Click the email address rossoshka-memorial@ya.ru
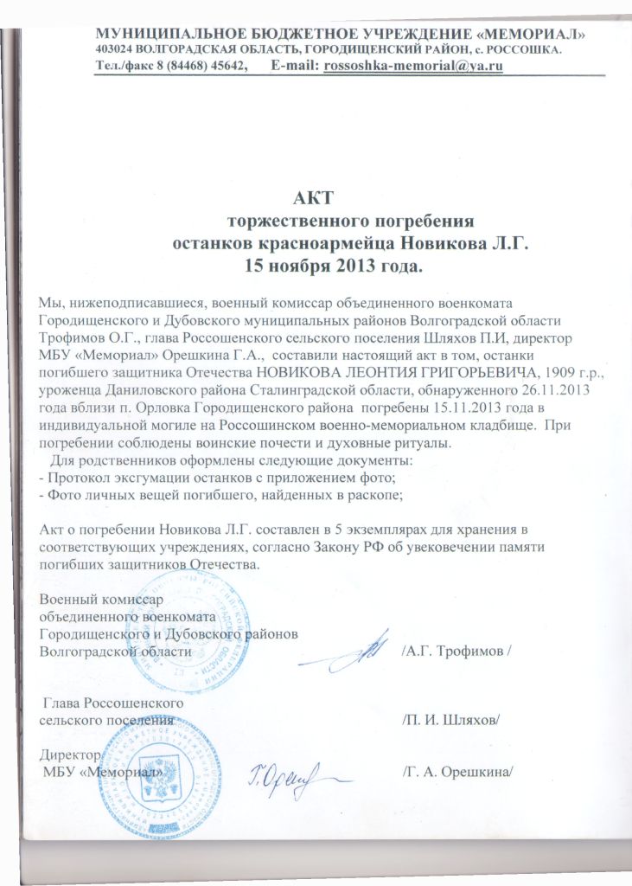tap(412, 66)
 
